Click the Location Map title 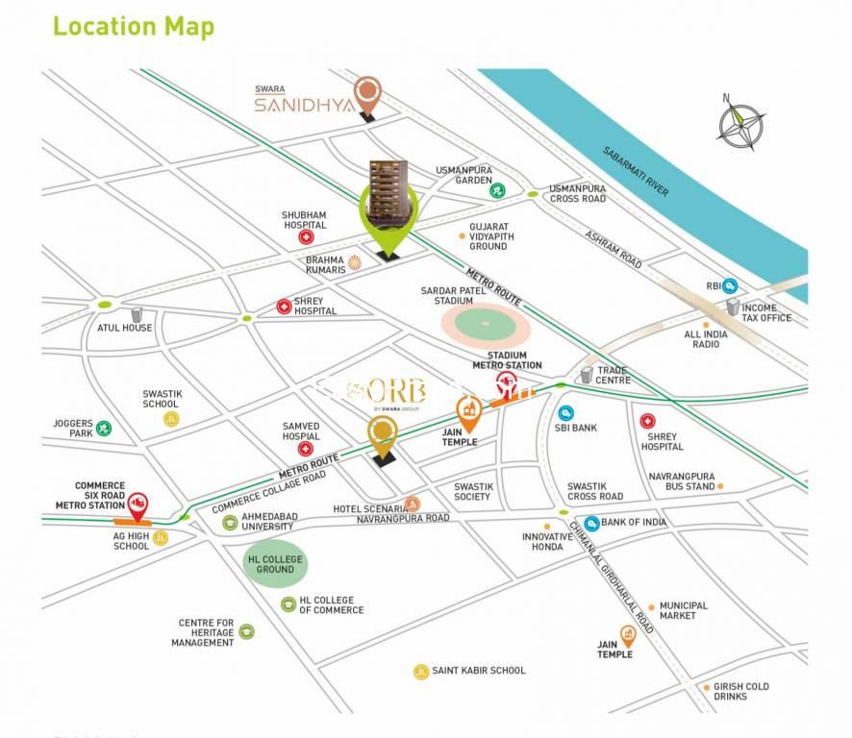point(133,26)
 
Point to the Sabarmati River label point(636,171)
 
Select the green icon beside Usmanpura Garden point(498,190)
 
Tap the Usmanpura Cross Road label point(578,193)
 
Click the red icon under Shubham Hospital point(306,236)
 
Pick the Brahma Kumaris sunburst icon point(354,261)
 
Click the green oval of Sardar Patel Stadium point(487,324)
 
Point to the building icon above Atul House point(137,314)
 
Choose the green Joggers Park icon point(104,428)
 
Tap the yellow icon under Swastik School point(171,419)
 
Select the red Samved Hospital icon point(306,448)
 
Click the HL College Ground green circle point(275,564)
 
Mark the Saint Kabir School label point(479,671)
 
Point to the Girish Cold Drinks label point(741,692)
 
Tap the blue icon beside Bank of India point(592,523)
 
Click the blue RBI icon point(730,286)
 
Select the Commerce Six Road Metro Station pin point(138,504)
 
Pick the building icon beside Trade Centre point(587,374)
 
